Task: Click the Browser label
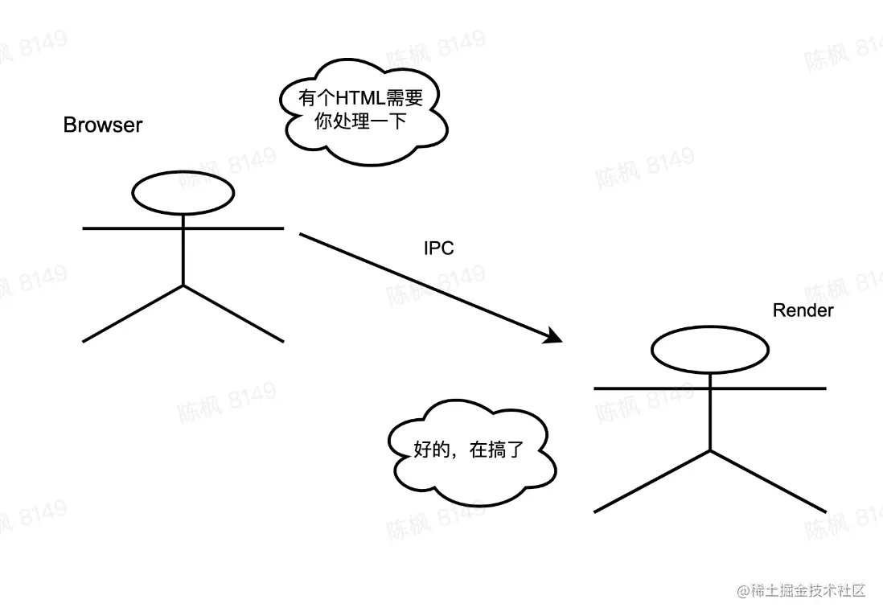[x=103, y=125]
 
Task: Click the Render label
[x=803, y=310]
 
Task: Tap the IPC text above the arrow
[x=439, y=248]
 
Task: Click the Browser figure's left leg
[x=133, y=314]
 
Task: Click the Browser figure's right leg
[x=234, y=314]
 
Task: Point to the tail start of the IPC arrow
[x=302, y=234]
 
